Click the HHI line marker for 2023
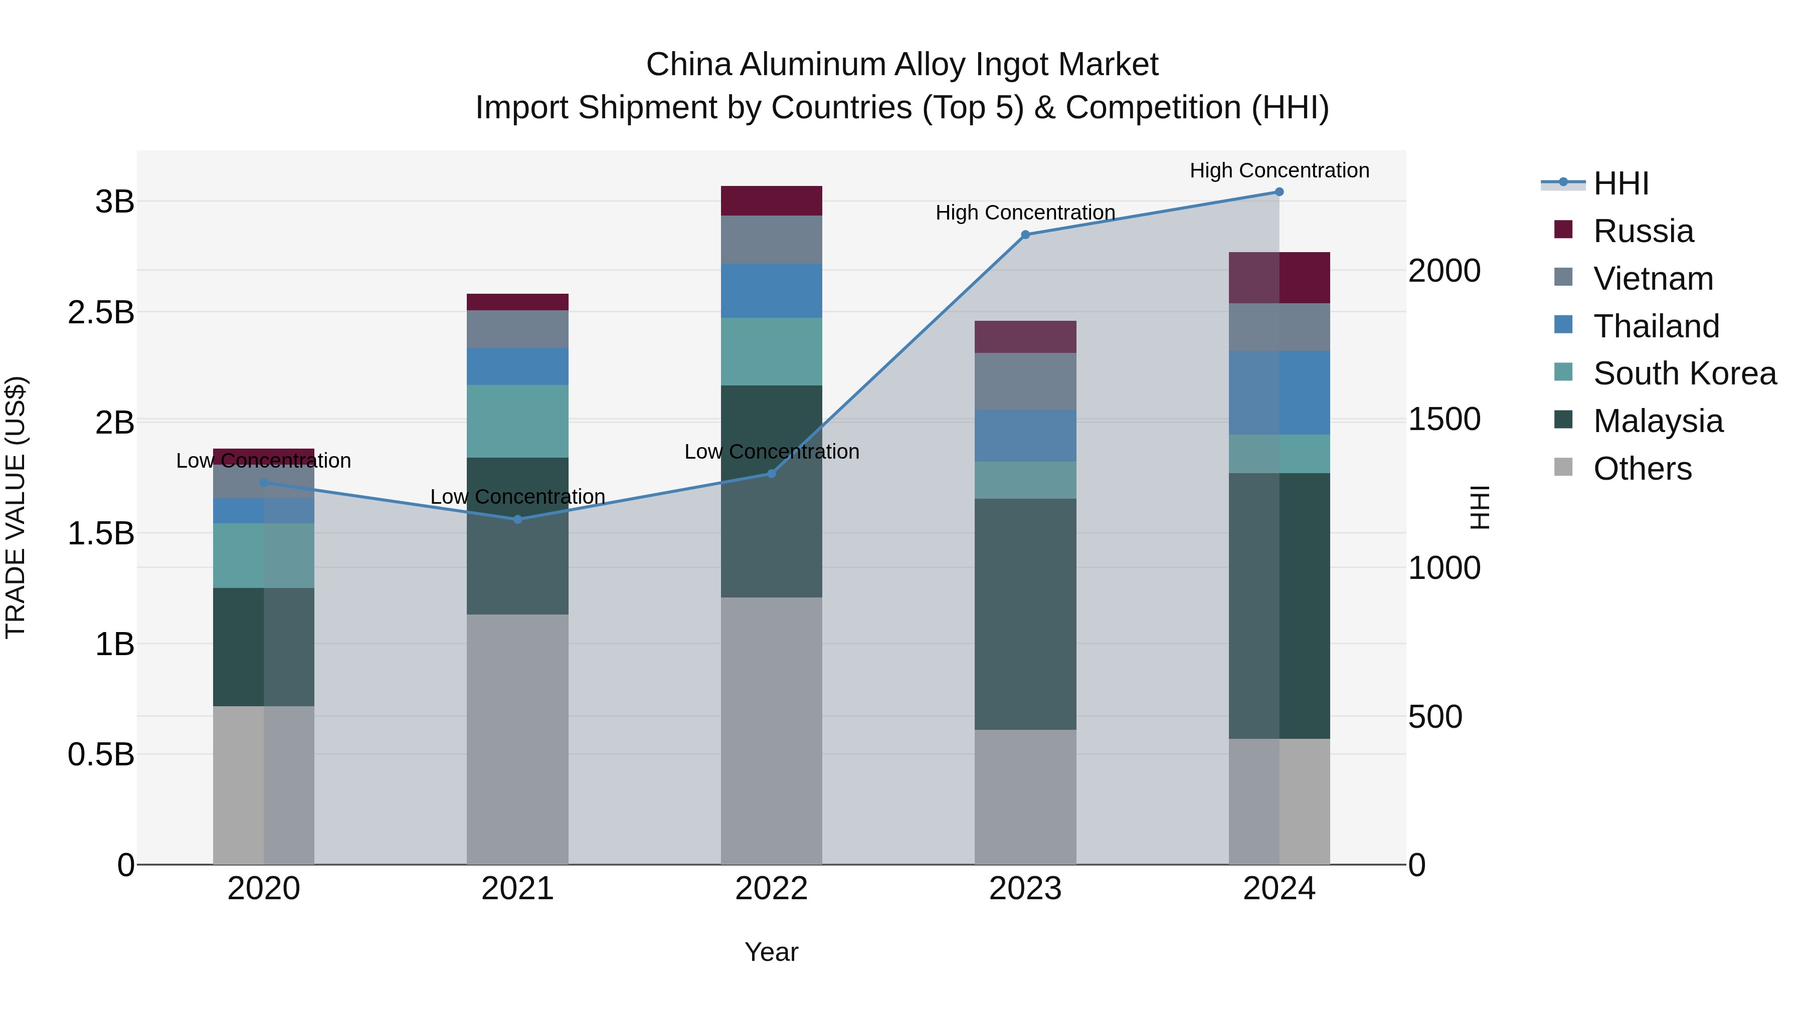tap(1025, 235)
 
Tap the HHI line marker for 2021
tap(518, 519)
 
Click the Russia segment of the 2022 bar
tap(772, 201)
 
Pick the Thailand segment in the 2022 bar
tap(772, 291)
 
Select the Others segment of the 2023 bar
tap(1025, 797)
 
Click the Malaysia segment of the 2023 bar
tap(1025, 615)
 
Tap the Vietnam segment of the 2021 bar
tap(518, 329)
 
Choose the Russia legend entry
tap(1643, 231)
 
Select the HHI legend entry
tap(1620, 183)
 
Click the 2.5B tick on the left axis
tap(101, 312)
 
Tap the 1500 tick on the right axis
tap(1444, 420)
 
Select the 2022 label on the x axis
tap(772, 889)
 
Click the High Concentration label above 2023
tap(1025, 212)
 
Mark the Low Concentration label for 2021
tap(518, 497)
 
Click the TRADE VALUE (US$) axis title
tap(16, 507)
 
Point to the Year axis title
tap(772, 952)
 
